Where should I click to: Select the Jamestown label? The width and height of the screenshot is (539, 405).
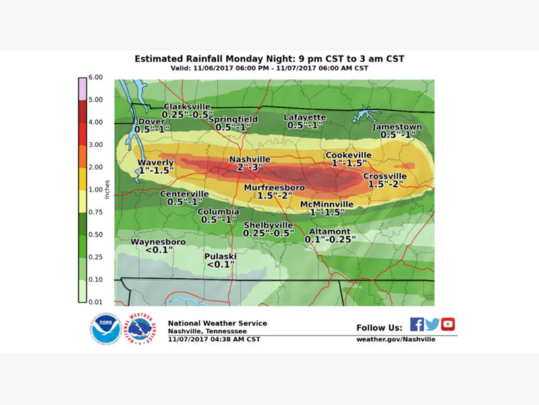tap(398, 126)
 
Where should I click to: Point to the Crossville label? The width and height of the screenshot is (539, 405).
tap(385, 176)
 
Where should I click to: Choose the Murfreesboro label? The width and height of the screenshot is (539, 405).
tap(274, 187)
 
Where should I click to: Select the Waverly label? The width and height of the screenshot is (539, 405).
tap(156, 163)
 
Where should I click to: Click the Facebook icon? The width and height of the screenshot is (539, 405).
tap(417, 324)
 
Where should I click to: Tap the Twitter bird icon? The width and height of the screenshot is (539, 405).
tap(433, 324)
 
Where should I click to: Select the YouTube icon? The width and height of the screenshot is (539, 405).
tap(448, 324)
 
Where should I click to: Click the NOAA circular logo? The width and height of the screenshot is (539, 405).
tap(106, 329)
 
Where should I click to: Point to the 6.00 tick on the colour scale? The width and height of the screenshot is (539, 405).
tap(96, 78)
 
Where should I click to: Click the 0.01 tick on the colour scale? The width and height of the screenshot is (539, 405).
tap(96, 302)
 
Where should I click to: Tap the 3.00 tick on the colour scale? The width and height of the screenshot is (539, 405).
tap(96, 144)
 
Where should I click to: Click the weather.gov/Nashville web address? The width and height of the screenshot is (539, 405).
tap(395, 339)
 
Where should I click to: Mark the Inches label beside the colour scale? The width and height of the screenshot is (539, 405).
tap(107, 190)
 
